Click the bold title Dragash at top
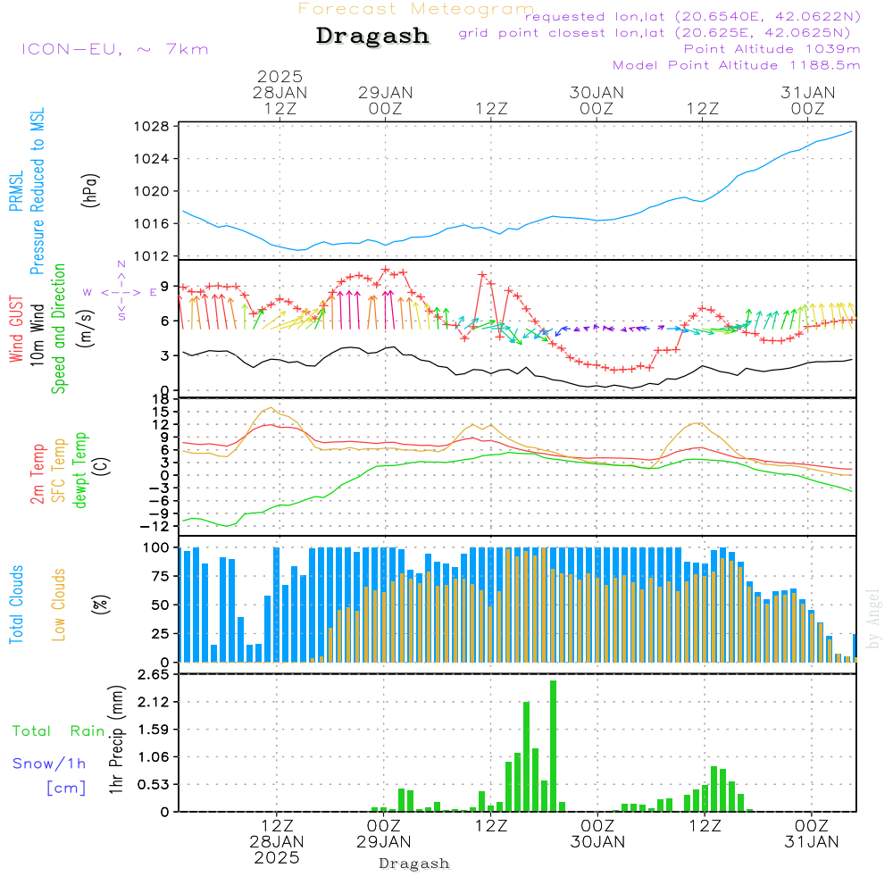coord(372,36)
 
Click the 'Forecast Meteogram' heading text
coord(416,9)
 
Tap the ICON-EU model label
coord(114,49)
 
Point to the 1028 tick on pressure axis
coord(154,127)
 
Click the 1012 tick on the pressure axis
coord(154,256)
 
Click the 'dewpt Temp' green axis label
coord(80,470)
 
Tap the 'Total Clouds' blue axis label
coord(17,605)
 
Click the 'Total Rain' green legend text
coord(59,731)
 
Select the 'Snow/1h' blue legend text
coord(49,764)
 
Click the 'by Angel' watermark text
coord(874,619)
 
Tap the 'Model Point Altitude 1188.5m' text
coord(737,65)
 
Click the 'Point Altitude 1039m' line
coord(772,49)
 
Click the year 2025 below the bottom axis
coord(277,857)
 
